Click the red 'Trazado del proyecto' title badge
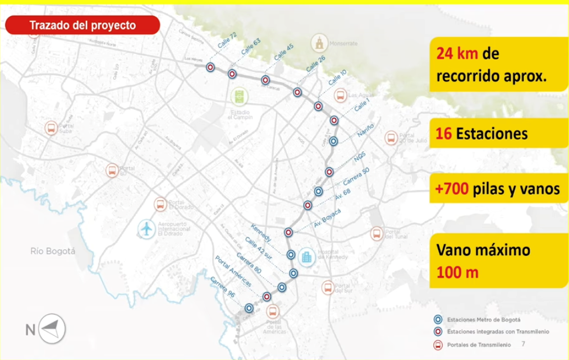[x=82, y=25]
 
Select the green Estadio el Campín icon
[x=240, y=96]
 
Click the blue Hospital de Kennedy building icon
[x=308, y=257]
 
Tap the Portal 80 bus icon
[x=112, y=170]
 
